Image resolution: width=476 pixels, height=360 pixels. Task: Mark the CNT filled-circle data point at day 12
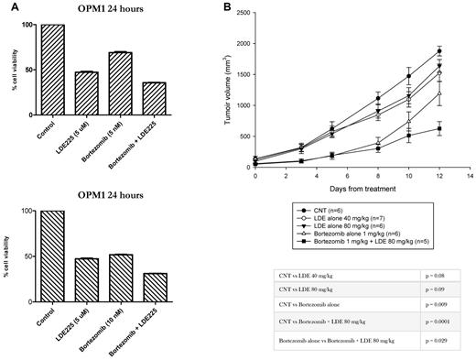[x=414, y=51]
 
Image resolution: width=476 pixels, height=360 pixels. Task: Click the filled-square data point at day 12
[x=414, y=129]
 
